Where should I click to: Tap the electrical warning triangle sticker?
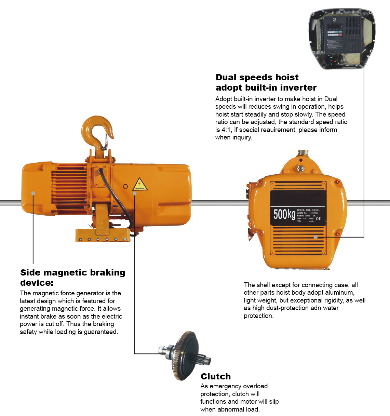click(x=139, y=185)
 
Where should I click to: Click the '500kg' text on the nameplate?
click(x=284, y=214)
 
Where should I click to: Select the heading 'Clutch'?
click(x=216, y=377)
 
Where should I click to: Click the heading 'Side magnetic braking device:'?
click(x=72, y=277)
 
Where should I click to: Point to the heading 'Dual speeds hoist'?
click(x=257, y=77)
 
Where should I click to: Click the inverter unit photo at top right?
click(x=342, y=38)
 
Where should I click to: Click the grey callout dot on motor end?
click(x=33, y=193)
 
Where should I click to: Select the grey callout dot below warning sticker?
click(x=135, y=193)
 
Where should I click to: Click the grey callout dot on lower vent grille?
click(x=316, y=237)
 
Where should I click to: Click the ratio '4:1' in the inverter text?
click(x=226, y=130)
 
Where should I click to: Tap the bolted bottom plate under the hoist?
click(x=103, y=236)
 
